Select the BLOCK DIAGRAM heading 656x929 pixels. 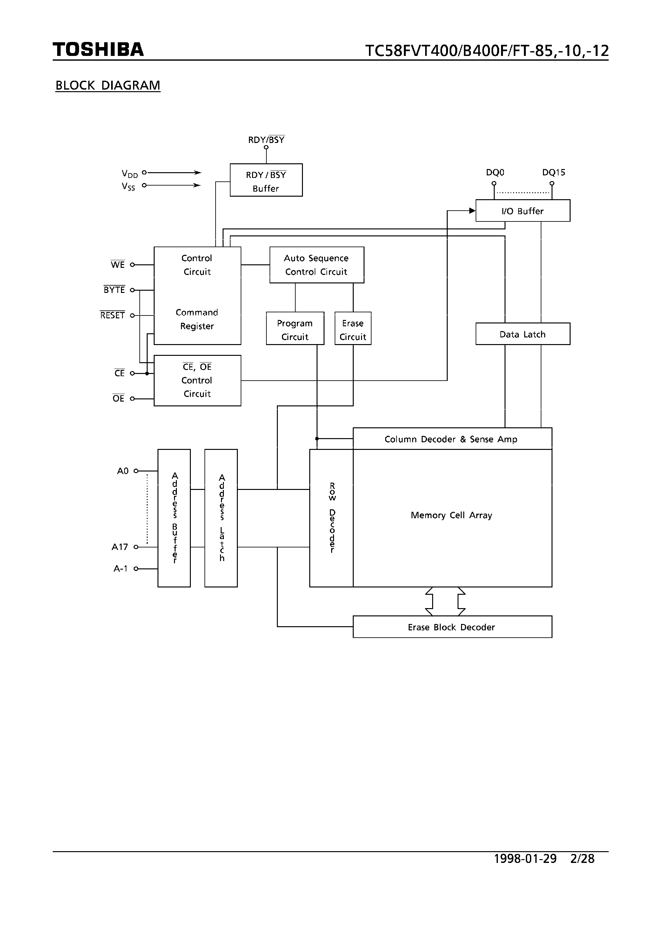click(108, 85)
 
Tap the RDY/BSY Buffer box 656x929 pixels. click(266, 180)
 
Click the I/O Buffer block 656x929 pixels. click(523, 211)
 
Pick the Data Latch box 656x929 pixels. click(523, 334)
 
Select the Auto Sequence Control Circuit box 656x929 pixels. click(317, 265)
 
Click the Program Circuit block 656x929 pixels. click(295, 329)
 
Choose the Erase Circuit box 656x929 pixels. click(353, 329)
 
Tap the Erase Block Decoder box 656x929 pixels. click(452, 627)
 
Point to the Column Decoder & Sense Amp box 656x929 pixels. click(452, 439)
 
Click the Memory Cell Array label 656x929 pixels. click(451, 515)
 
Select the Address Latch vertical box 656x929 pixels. click(221, 518)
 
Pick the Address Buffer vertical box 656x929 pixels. click(174, 518)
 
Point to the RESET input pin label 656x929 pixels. click(112, 315)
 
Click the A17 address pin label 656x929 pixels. click(120, 547)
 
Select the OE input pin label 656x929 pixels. click(118, 398)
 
